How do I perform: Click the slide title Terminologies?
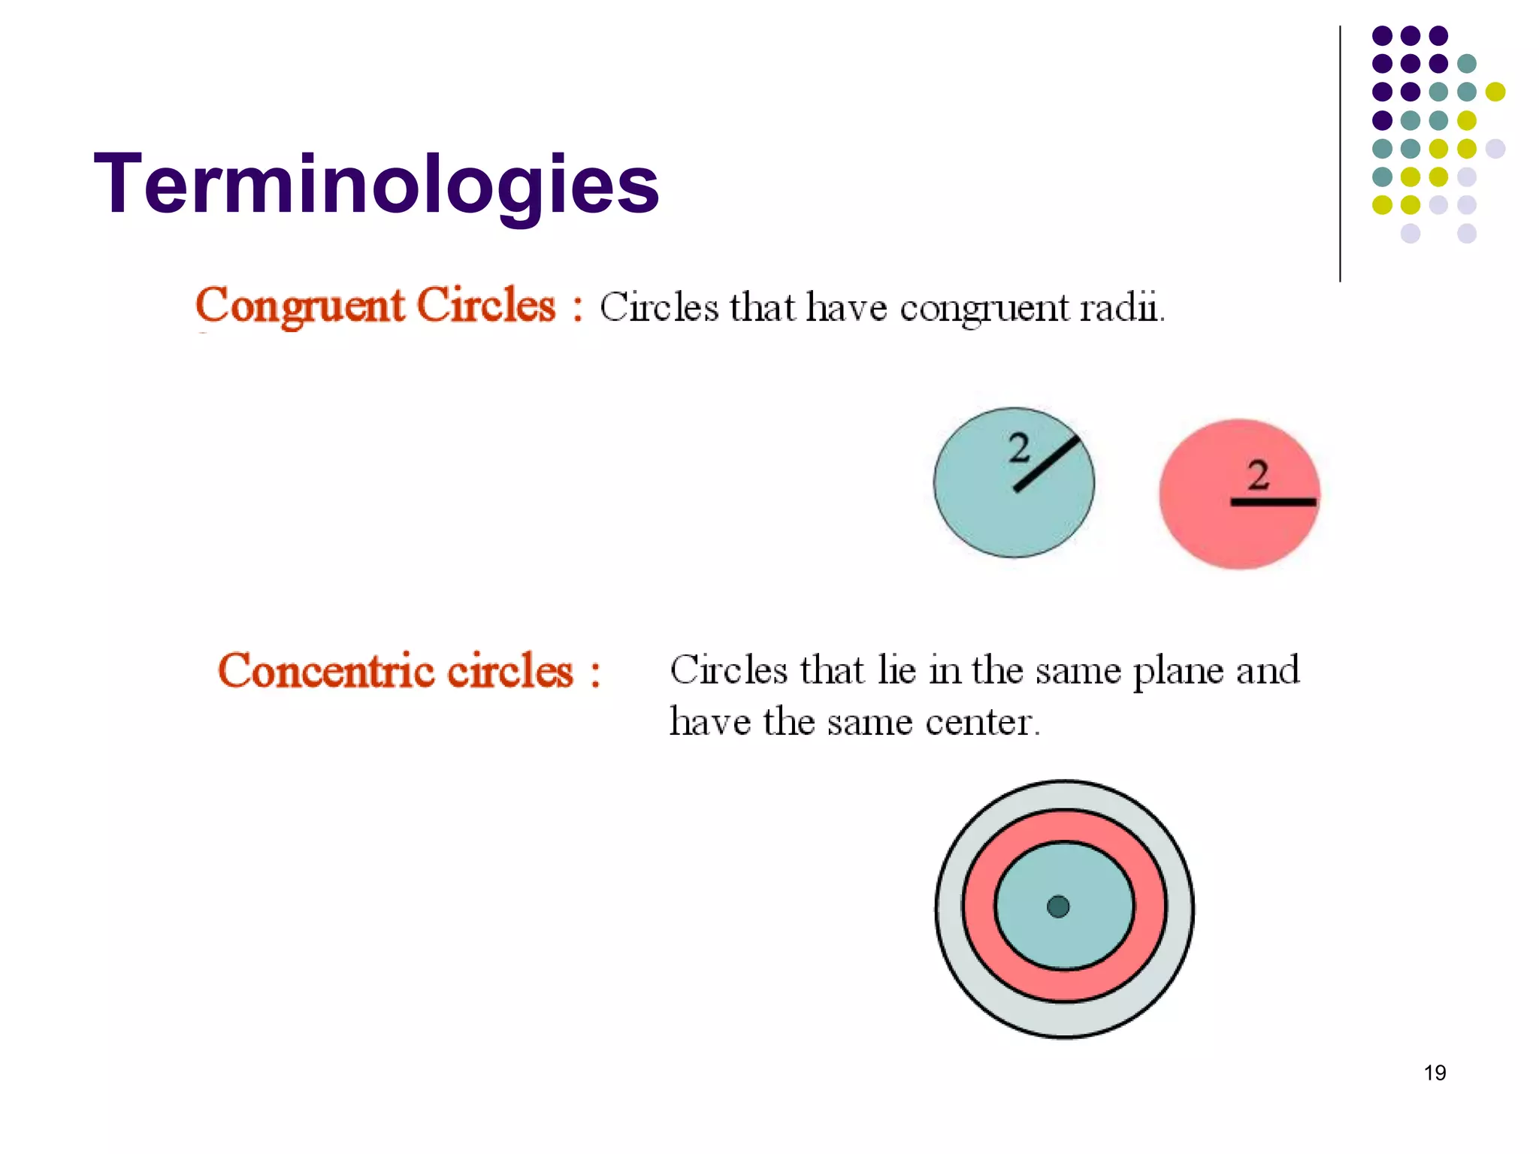pyautogui.click(x=376, y=184)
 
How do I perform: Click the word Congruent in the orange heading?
pyautogui.click(x=299, y=307)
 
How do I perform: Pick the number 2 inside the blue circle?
pyautogui.click(x=1019, y=449)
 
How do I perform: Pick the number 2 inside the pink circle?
pyautogui.click(x=1258, y=475)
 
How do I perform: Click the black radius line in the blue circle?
pyautogui.click(x=1047, y=464)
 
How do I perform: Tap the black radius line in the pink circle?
pyautogui.click(x=1273, y=501)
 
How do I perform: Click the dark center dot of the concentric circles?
pyautogui.click(x=1058, y=907)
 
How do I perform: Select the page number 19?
pyautogui.click(x=1435, y=1073)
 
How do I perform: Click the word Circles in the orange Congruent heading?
pyautogui.click(x=485, y=307)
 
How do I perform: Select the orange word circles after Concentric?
pyautogui.click(x=510, y=671)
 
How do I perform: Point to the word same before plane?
pyautogui.click(x=1078, y=671)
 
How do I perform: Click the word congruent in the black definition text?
pyautogui.click(x=984, y=307)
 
